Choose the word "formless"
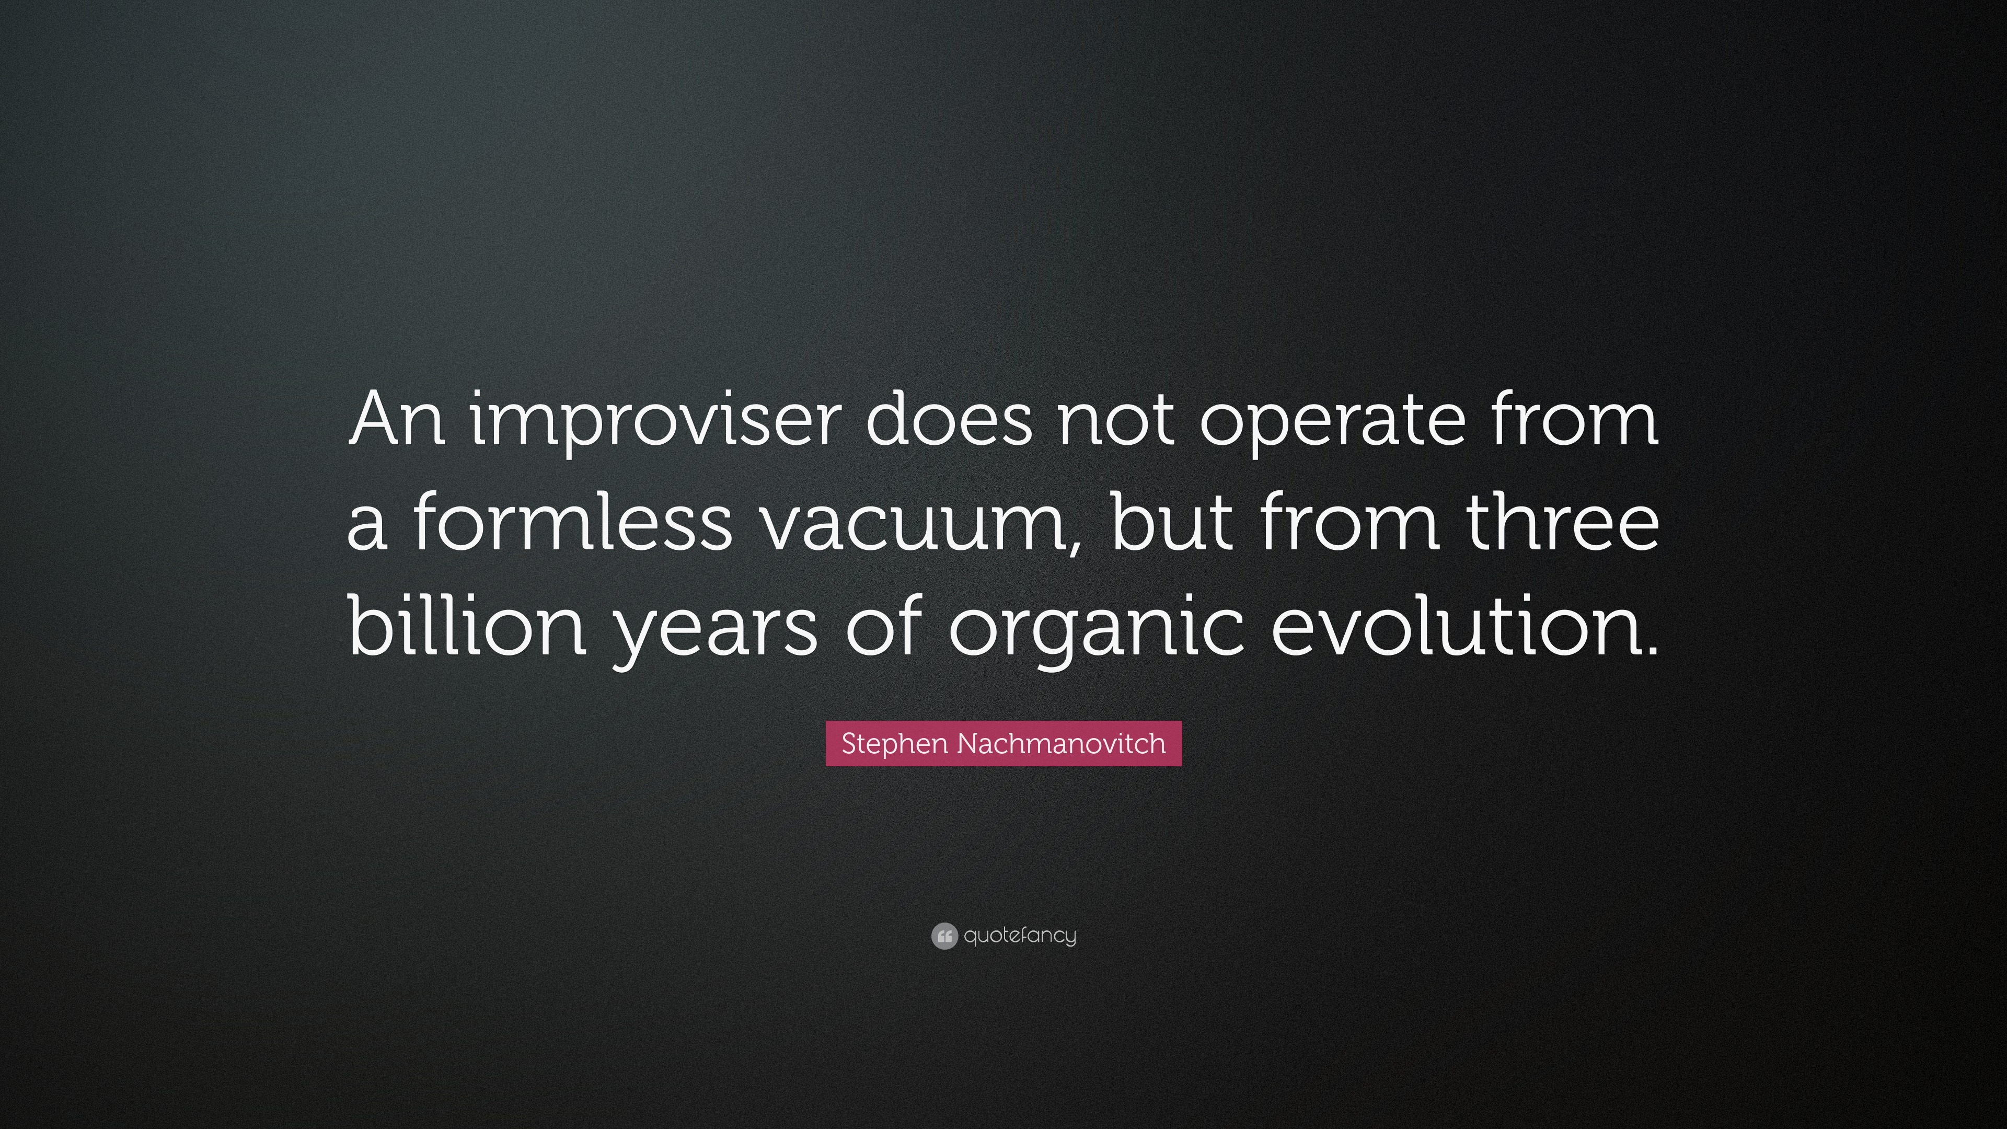tap(570, 522)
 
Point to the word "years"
tap(715, 631)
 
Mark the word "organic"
tap(1094, 631)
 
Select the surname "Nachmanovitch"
tap(1060, 743)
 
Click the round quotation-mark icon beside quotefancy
tap(943, 936)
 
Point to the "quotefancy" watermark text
tap(1020, 936)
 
